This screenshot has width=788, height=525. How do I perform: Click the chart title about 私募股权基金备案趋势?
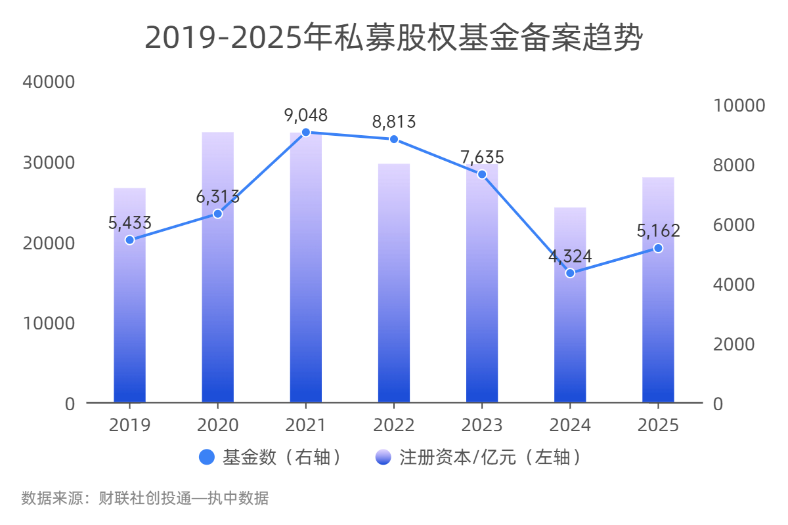point(393,38)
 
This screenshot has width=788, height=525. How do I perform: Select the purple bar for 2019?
point(129,315)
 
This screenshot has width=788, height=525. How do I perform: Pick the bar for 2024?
point(570,328)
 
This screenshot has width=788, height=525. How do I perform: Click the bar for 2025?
point(658,315)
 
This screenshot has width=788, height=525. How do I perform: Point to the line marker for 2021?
point(305,132)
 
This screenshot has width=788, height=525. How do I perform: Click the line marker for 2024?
point(570,273)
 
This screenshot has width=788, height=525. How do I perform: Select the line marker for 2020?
point(218,214)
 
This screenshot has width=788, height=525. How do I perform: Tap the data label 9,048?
point(305,115)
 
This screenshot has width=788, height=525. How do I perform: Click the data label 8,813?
point(394,122)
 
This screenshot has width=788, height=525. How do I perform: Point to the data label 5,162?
point(658,231)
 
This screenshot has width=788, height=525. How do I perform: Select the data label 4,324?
point(570,257)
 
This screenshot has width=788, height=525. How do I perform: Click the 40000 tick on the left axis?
point(49,82)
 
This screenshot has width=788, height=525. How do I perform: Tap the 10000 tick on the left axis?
point(49,324)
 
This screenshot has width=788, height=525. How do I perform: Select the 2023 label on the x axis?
point(482,425)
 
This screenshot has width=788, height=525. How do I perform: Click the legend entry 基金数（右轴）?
point(273,457)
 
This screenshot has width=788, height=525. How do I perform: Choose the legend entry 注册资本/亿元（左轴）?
point(479,457)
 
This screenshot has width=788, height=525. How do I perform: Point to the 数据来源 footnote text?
point(144,498)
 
